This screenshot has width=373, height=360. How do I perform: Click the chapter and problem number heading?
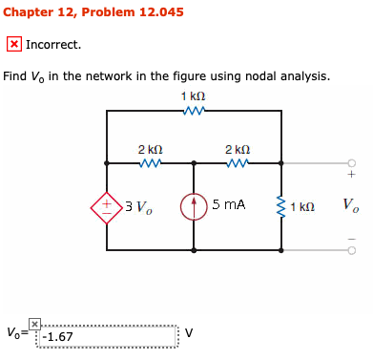[93, 12]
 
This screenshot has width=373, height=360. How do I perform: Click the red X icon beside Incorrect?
[14, 44]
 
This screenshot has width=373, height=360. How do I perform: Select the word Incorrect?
[53, 44]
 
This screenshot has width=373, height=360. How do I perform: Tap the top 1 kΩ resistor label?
[193, 98]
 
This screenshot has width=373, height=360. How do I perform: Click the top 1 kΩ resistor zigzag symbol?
[193, 112]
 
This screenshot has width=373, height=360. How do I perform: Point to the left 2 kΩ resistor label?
[150, 149]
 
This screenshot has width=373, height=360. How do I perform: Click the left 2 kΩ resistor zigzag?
[150, 162]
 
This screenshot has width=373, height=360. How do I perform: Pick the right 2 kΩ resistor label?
[237, 149]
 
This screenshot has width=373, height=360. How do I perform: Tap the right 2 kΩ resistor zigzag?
[237, 162]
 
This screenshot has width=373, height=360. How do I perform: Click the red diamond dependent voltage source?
[107, 205]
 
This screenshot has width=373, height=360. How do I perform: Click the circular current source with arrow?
[194, 205]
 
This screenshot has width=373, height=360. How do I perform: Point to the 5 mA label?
[229, 205]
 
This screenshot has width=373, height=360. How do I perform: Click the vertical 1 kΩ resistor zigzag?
[280, 205]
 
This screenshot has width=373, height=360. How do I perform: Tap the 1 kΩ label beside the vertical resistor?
[302, 206]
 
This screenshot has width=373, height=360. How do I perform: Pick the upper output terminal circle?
[350, 162]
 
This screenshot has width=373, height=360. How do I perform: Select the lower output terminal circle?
[350, 250]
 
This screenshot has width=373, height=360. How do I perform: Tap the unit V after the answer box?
[188, 334]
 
